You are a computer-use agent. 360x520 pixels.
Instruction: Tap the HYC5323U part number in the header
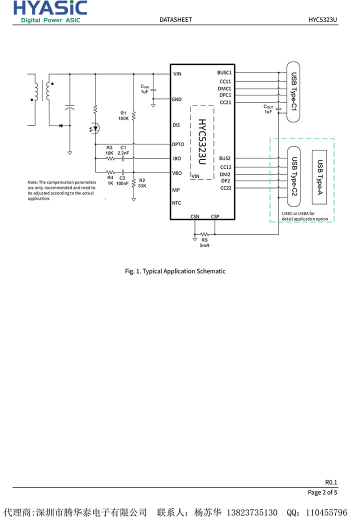[323, 19]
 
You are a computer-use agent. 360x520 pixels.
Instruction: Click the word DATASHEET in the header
[175, 19]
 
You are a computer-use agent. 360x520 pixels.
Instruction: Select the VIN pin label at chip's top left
[177, 74]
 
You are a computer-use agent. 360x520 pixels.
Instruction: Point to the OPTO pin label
[178, 144]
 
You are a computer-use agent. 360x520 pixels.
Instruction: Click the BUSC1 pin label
[224, 73]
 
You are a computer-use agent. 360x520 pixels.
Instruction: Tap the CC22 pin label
[225, 188]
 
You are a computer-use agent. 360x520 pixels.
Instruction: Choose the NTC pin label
[176, 203]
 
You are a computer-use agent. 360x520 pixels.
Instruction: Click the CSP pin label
[215, 216]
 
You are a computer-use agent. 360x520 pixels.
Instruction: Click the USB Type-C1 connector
[293, 91]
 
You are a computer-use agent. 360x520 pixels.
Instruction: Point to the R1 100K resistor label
[123, 115]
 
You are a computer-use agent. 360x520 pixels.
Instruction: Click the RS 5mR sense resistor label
[204, 242]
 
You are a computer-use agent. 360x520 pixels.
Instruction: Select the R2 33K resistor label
[142, 182]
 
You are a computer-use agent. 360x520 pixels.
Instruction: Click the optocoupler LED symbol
[95, 128]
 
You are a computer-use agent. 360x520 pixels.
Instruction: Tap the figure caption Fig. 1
[175, 271]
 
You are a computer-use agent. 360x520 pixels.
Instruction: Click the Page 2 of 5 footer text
[322, 492]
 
